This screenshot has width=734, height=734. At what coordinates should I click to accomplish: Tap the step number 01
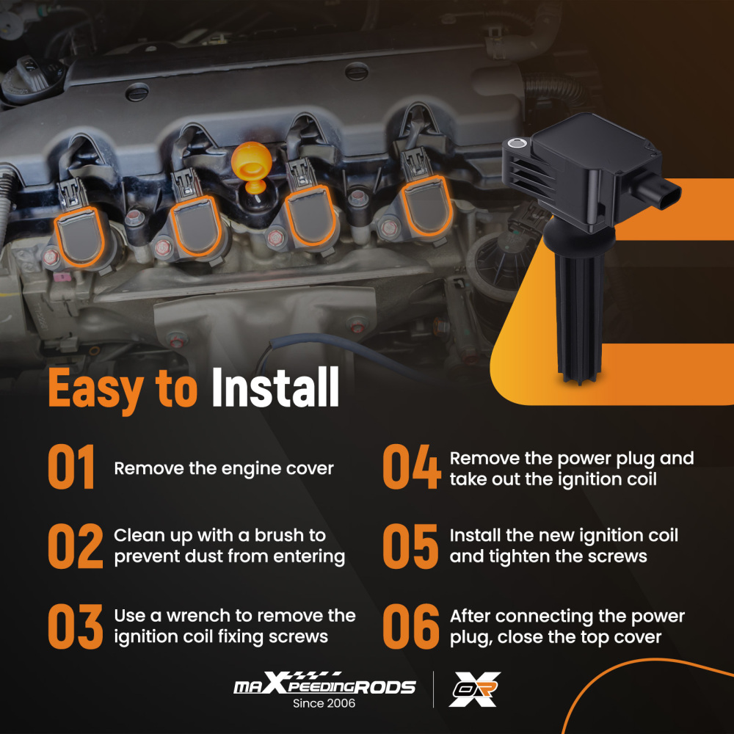72,467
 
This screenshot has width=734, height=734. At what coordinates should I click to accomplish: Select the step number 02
76,546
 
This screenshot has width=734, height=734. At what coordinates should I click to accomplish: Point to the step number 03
76,626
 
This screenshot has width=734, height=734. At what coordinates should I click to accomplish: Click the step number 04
412,467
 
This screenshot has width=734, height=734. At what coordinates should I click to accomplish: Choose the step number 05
410,546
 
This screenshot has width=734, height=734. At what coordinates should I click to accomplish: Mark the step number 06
411,626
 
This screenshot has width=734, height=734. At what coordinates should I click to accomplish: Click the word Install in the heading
275,387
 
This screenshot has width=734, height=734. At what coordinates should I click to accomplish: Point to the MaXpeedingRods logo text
324,684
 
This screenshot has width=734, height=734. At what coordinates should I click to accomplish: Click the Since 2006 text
324,703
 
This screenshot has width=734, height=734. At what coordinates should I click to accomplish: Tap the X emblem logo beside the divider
475,689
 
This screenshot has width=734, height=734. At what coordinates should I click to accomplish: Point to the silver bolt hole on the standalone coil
516,143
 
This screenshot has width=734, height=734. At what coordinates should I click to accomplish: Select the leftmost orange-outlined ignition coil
79,236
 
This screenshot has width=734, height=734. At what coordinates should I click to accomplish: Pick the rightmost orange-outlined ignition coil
426,206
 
